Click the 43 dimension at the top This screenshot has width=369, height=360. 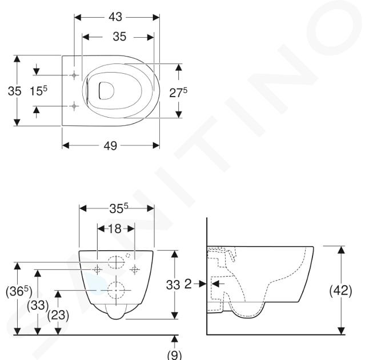(115, 17)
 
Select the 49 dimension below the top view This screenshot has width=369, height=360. (110, 146)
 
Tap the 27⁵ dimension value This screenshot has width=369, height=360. (178, 93)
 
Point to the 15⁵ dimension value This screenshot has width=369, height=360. (38, 90)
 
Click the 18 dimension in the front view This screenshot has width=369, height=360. (115, 229)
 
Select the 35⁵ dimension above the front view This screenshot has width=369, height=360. (119, 208)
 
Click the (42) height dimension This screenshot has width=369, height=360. (340, 290)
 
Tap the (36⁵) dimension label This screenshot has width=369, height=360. (19, 291)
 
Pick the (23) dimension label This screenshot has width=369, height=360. (58, 315)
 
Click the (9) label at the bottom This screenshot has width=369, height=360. (174, 354)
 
